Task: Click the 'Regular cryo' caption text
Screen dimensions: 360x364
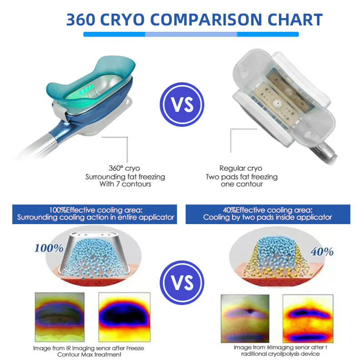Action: click(x=247, y=168)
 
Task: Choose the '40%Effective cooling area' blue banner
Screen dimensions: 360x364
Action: click(x=268, y=214)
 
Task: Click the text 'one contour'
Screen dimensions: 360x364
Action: click(x=247, y=184)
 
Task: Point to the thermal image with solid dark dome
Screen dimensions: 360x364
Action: click(x=124, y=316)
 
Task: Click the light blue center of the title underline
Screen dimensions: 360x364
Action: click(x=191, y=34)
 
